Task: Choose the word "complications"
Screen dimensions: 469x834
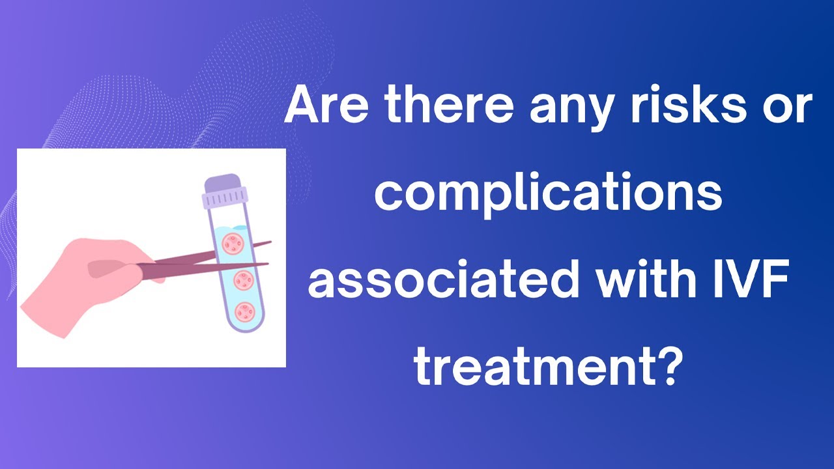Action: click(548, 194)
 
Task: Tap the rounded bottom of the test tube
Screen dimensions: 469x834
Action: click(244, 322)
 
